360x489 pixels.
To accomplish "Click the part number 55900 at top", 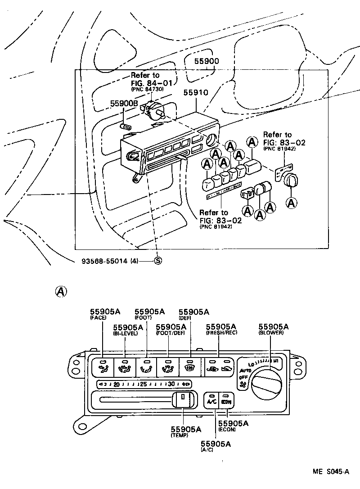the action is point(207,61).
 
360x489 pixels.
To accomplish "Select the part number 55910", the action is point(195,93).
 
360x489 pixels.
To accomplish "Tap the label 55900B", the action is point(124,104).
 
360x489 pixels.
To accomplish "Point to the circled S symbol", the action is point(158,261).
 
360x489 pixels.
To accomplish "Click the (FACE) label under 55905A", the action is point(98,317).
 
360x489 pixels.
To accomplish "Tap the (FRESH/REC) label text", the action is point(221,333).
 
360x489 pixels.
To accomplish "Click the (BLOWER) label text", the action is point(271,333).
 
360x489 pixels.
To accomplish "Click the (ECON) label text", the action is point(227,430).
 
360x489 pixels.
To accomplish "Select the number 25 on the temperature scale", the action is point(144,384).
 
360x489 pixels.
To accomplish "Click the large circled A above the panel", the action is point(60,291).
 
